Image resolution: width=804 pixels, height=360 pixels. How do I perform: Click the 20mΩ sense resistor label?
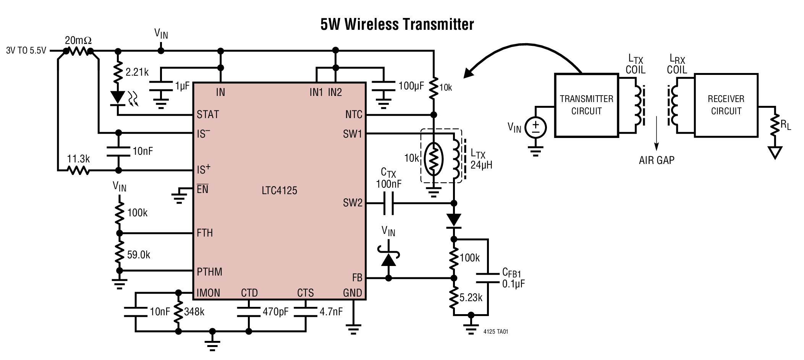tap(78, 40)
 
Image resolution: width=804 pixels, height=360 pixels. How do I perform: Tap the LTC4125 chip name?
tap(279, 190)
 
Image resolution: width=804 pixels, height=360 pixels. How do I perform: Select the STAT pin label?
tap(208, 114)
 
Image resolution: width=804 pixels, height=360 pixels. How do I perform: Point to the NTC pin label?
tap(353, 114)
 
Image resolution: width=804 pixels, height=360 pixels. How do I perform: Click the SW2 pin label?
tap(352, 203)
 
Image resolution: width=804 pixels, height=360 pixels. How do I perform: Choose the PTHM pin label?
tap(209, 272)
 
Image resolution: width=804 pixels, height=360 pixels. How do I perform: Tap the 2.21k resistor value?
tap(137, 72)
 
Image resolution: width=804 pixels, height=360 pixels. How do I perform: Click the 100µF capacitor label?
tap(411, 86)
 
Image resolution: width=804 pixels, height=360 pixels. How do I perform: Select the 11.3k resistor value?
tap(78, 159)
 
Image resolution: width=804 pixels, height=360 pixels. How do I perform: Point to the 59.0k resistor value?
tap(138, 255)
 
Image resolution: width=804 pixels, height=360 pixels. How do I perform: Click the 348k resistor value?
tap(194, 312)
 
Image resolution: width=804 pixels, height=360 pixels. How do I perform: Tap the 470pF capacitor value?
tap(275, 312)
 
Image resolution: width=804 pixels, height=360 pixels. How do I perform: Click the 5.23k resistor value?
tap(471, 298)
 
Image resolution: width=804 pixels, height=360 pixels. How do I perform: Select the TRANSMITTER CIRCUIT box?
tap(586, 105)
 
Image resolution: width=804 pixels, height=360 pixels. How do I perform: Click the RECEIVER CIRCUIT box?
tap(726, 105)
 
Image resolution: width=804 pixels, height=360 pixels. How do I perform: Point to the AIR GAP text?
tap(657, 160)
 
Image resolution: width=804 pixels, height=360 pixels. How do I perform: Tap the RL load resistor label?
tap(786, 125)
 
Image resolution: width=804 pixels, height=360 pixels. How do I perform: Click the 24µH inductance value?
tap(481, 165)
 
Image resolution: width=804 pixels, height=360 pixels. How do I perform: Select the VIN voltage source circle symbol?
tap(535, 127)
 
